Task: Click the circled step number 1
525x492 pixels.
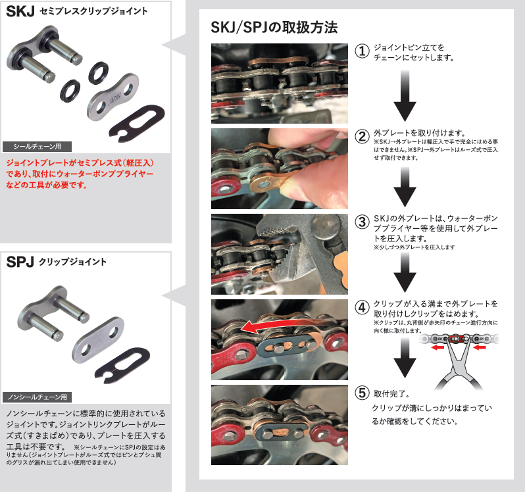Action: (362, 51)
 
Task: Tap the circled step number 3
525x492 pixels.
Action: (362, 222)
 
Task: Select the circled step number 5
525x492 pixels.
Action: (362, 393)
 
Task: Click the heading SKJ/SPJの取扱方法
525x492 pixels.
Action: (274, 27)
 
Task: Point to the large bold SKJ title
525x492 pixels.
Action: (20, 11)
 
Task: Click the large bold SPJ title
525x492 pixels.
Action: (20, 262)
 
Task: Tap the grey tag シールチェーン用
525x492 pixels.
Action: (37, 147)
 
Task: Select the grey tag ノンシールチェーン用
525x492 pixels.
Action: (37, 397)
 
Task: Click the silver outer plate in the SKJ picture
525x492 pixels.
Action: (113, 97)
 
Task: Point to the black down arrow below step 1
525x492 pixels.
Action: (405, 96)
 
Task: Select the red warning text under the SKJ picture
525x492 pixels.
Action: (80, 174)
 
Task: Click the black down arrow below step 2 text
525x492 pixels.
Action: (405, 187)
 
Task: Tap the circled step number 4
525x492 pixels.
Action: (362, 307)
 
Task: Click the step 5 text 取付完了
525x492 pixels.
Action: (391, 394)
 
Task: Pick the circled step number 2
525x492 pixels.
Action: (362, 137)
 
